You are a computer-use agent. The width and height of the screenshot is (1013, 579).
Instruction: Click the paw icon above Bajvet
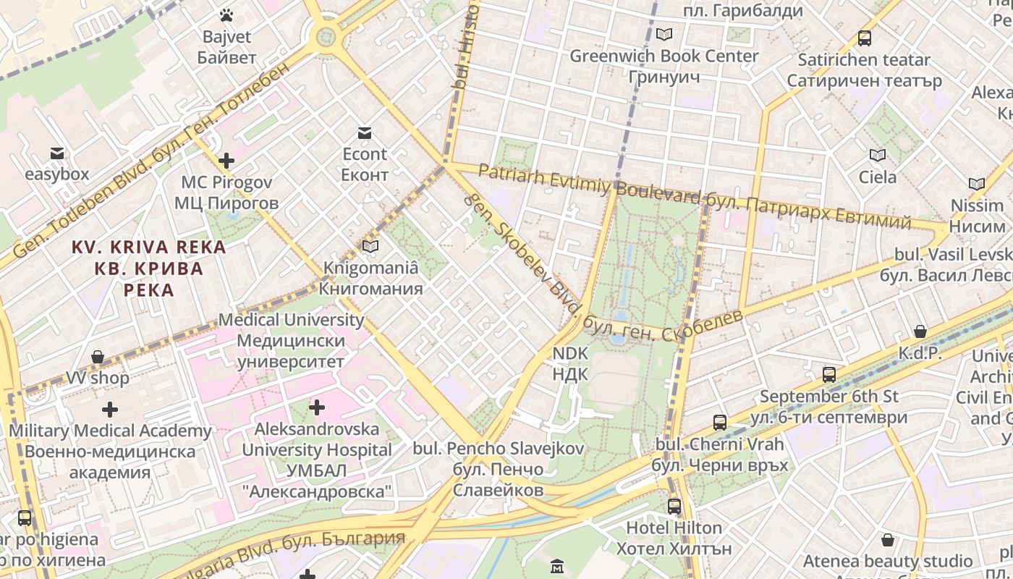coord(226,14)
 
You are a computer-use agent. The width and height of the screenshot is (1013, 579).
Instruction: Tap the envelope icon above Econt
coord(364,132)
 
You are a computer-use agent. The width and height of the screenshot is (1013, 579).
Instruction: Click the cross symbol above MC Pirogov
coord(226,161)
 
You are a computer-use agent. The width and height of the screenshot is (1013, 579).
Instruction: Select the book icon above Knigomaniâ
coord(370,246)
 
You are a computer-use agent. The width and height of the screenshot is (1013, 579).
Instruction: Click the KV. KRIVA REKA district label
coord(148,269)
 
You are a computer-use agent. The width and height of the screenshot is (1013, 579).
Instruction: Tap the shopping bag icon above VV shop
coord(98,357)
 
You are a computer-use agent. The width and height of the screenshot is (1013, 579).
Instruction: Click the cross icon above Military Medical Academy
coord(110,410)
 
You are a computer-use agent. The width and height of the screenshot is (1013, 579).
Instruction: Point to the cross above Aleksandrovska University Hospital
coord(316,407)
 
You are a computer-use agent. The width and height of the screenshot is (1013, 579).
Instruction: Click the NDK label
coord(570,363)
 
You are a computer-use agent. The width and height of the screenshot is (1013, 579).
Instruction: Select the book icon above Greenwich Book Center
coord(664,34)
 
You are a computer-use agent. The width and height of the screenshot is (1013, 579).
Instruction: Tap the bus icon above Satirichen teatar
coord(864,38)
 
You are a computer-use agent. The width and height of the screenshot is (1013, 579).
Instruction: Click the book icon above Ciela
coord(877,155)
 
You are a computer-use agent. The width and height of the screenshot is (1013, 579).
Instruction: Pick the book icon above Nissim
coord(976,184)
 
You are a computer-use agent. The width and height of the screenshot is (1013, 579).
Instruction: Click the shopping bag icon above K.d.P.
coord(920,331)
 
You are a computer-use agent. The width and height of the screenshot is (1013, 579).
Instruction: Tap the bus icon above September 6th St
coord(829,375)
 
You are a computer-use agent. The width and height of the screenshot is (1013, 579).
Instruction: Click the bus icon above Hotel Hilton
coord(674,506)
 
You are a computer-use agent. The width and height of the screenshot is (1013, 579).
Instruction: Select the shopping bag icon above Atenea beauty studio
coord(888,540)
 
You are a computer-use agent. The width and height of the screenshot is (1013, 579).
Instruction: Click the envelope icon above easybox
coord(57,153)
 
